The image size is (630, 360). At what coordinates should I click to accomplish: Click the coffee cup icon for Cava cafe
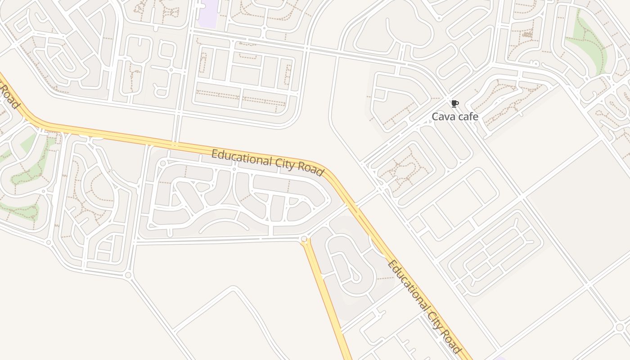click(x=454, y=104)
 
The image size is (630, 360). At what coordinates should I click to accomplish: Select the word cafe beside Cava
click(x=467, y=117)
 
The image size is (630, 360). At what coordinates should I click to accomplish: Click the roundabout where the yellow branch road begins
click(x=304, y=239)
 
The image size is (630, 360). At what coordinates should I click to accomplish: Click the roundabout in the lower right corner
click(x=620, y=327)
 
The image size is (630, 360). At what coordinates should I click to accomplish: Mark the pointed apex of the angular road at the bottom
click(x=233, y=288)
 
